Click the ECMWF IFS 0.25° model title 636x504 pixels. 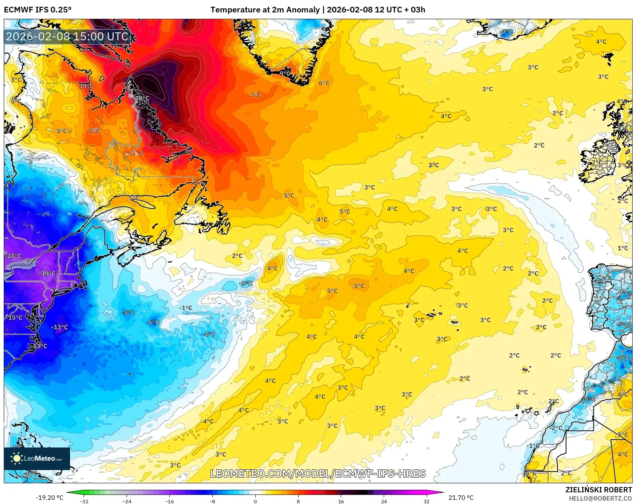coord(38,9)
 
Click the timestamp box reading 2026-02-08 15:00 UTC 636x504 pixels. coord(67,37)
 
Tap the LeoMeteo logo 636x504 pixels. coord(37,458)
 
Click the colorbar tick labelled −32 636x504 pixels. coord(84,501)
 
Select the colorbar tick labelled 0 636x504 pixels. coord(255,501)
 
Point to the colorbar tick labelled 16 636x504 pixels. coord(341,501)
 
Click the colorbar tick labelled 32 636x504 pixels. coord(426,501)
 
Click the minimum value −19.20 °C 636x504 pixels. coord(49,498)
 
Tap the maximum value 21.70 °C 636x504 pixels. coord(461,498)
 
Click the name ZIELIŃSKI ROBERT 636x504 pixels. coord(598,490)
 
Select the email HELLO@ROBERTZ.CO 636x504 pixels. coord(600,498)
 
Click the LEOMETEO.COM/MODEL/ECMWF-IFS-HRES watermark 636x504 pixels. coord(318,473)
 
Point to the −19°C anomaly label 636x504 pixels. coord(47,273)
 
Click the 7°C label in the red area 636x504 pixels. coord(256,95)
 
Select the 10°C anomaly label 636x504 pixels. coord(86,86)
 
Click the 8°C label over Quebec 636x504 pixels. coord(95,131)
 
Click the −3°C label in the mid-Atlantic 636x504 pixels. coord(246,283)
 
